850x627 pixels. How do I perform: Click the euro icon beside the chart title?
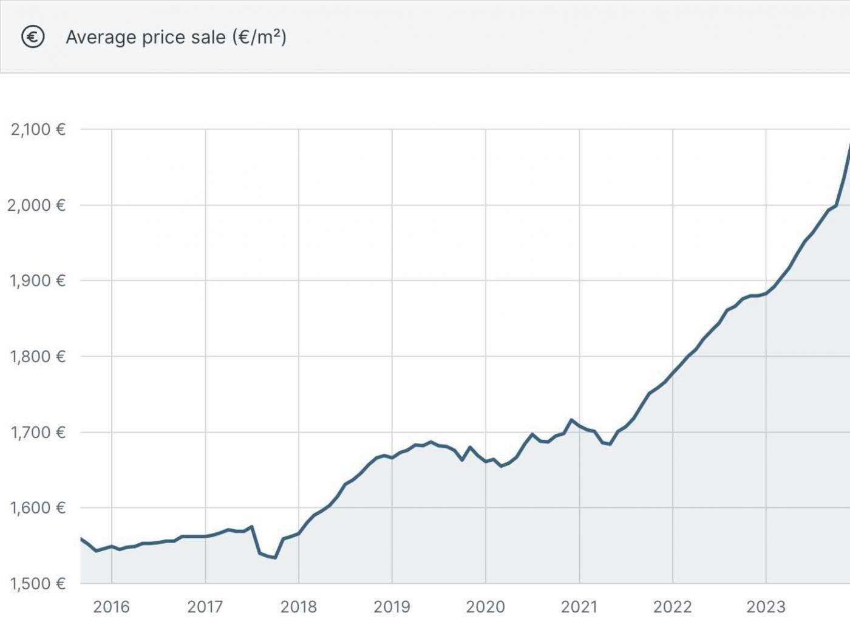(33, 37)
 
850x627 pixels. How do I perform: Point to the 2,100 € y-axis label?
(38, 129)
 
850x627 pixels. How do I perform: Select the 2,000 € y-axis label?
(36, 205)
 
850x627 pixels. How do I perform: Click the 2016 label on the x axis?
(112, 606)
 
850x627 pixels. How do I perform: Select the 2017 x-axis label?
(205, 606)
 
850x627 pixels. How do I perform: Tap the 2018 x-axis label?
(299, 606)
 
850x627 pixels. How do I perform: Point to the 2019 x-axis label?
(392, 606)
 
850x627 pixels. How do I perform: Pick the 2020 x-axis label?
(486, 606)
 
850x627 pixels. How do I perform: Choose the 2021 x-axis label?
(579, 606)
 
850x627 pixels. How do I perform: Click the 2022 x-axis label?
(673, 606)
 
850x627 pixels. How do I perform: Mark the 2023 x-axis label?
(766, 606)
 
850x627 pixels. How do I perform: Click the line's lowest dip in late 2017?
(275, 558)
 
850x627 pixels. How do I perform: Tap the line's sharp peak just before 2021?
(571, 420)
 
